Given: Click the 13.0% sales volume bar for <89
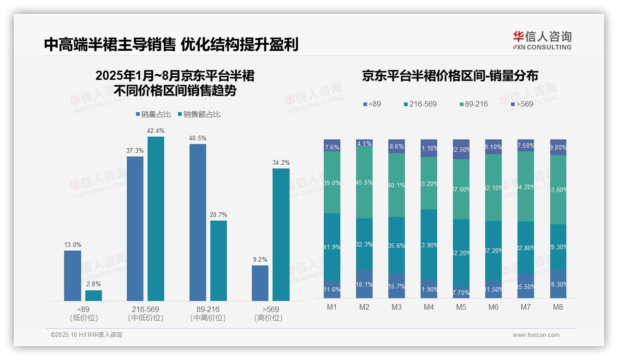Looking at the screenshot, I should tap(72, 276).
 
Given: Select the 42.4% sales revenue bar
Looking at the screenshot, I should tap(156, 219).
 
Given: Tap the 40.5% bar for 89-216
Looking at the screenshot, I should tap(198, 222).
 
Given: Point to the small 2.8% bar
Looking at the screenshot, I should tap(94, 295).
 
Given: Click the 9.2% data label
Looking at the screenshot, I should tap(260, 259).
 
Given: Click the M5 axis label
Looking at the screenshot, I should tap(461, 307).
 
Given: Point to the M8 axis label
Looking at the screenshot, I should tap(558, 307).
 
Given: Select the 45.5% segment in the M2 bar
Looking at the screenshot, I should tap(364, 183).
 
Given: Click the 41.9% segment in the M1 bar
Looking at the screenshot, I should tap(332, 246).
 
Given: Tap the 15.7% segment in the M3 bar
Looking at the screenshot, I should tap(397, 286).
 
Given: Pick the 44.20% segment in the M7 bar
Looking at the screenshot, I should tap(526, 186).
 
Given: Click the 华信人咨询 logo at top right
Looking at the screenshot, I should tap(542, 40).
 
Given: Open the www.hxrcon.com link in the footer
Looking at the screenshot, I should tap(536, 335).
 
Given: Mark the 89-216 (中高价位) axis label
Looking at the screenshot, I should tap(208, 313).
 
